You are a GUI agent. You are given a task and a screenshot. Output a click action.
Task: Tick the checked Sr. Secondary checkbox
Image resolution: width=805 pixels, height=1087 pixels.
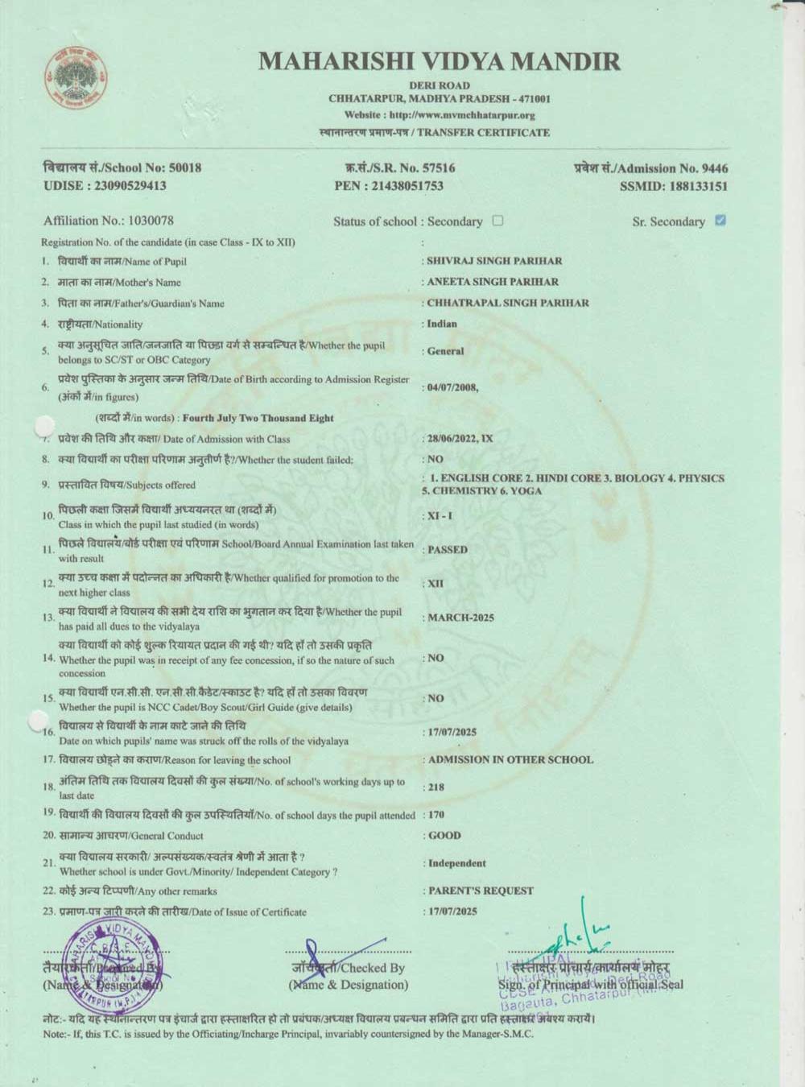[x=720, y=221]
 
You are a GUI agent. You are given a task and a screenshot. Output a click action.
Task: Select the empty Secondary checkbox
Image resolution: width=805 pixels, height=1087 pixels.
[x=497, y=221]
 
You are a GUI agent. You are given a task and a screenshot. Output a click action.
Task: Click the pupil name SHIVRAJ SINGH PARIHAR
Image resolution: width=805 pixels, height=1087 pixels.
[x=494, y=261]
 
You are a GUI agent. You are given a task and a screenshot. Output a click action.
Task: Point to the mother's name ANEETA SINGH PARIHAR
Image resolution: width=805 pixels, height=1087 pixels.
[x=492, y=282]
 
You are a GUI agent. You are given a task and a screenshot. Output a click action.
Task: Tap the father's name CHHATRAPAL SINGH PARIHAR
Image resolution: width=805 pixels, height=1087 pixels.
[x=507, y=303]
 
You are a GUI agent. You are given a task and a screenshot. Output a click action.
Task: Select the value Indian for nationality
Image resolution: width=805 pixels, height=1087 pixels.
[x=442, y=324]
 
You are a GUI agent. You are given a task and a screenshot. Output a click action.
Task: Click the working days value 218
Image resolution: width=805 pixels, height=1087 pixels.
[x=436, y=787]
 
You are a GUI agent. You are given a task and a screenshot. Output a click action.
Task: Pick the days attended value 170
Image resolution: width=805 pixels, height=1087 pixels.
[x=436, y=815]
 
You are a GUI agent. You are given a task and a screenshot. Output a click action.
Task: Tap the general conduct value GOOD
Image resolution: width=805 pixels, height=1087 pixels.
[x=444, y=836]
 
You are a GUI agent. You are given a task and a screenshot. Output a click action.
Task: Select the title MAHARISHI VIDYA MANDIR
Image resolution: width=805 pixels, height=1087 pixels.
[x=440, y=61]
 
